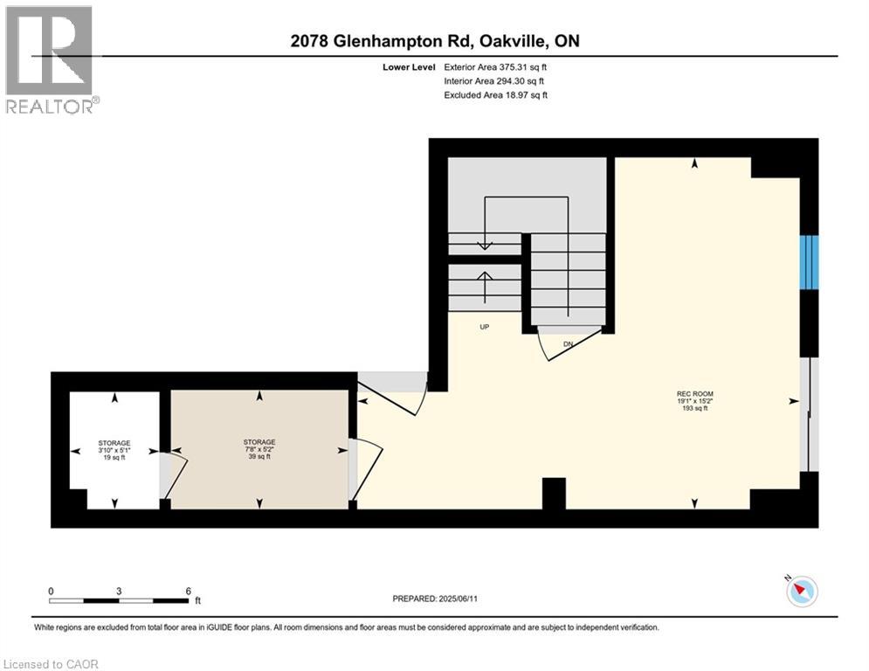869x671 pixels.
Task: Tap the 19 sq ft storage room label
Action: click(114, 450)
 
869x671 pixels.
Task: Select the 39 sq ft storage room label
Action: click(259, 449)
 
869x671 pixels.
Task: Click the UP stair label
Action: click(485, 327)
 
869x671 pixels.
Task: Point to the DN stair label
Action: click(568, 344)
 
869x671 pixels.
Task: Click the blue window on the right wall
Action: click(809, 262)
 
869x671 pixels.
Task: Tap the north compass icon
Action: click(802, 591)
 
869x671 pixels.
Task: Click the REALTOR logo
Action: click(51, 60)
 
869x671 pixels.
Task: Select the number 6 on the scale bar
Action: click(189, 591)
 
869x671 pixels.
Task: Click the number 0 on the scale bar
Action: click(51, 591)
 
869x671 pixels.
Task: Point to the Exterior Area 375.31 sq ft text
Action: click(495, 67)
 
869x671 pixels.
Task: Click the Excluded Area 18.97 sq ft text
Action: click(495, 95)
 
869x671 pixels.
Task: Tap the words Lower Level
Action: click(409, 67)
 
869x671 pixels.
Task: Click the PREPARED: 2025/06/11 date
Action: click(435, 598)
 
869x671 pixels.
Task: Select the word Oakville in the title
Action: click(514, 41)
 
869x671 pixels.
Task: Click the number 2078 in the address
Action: click(309, 41)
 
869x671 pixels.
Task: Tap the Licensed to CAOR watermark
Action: click(51, 664)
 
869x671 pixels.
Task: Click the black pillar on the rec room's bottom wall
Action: click(554, 494)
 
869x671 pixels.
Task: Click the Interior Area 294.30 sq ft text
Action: click(493, 81)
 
